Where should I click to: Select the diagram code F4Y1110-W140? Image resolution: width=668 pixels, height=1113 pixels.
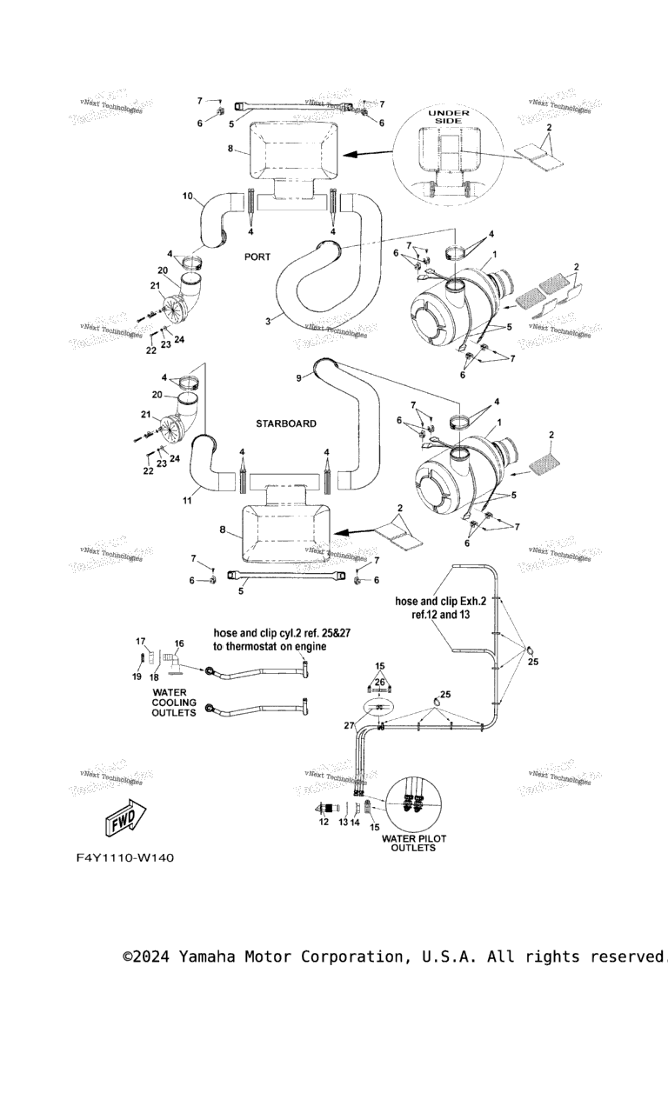point(124,858)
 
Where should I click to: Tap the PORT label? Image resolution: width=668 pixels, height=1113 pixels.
point(257,257)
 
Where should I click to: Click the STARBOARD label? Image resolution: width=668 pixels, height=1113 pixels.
point(285,423)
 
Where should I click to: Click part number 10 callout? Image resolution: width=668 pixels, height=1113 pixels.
point(187,197)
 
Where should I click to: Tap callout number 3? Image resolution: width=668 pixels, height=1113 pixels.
point(269,322)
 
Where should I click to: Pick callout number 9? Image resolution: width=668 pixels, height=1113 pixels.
point(298,377)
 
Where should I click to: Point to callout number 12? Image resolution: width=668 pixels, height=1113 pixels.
point(324,822)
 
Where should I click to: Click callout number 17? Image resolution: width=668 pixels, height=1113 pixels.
point(140,642)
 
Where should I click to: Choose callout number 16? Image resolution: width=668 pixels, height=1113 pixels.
point(179,644)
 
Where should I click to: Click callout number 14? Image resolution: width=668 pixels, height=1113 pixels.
point(354,822)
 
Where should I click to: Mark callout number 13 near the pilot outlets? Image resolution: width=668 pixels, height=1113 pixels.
point(342,822)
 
